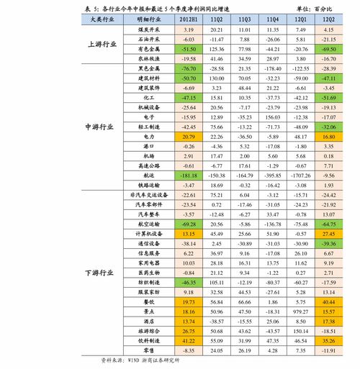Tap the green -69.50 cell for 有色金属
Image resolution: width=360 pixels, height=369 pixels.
[329, 47]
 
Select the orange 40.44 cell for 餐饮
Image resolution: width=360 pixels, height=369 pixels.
[329, 302]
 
